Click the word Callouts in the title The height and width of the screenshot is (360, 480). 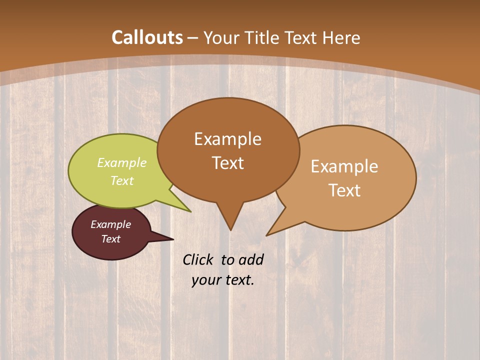tap(147, 37)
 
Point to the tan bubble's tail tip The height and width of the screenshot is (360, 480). tap(268, 234)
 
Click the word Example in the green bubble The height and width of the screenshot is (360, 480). tap(122, 163)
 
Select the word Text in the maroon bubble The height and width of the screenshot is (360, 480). tap(111, 239)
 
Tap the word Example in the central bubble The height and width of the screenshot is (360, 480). tap(227, 139)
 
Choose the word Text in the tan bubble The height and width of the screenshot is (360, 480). tap(344, 190)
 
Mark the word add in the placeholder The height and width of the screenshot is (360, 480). tap(251, 259)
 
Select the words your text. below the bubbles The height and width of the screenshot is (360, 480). tap(223, 280)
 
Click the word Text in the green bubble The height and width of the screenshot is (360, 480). tap(122, 180)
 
